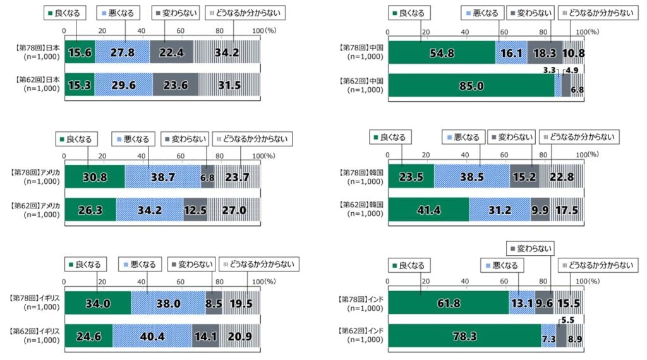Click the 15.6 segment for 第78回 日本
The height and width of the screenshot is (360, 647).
point(80,52)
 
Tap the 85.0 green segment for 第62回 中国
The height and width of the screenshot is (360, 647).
point(471,85)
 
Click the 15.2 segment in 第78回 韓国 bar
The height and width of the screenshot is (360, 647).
point(524,177)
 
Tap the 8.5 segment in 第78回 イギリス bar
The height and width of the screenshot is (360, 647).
point(214,303)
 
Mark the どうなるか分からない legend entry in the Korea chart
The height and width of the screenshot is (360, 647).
point(579,136)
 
